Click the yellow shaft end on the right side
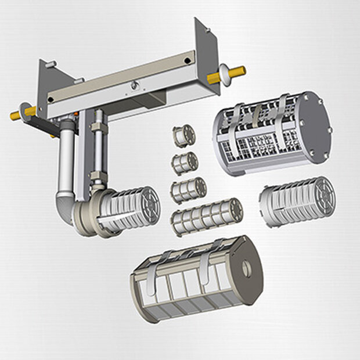click(237, 73)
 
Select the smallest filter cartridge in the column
click(184, 136)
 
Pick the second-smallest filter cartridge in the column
click(185, 163)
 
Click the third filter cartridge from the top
click(189, 189)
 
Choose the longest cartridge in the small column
click(207, 217)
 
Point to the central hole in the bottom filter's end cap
click(247, 268)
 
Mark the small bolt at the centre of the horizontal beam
click(135, 86)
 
